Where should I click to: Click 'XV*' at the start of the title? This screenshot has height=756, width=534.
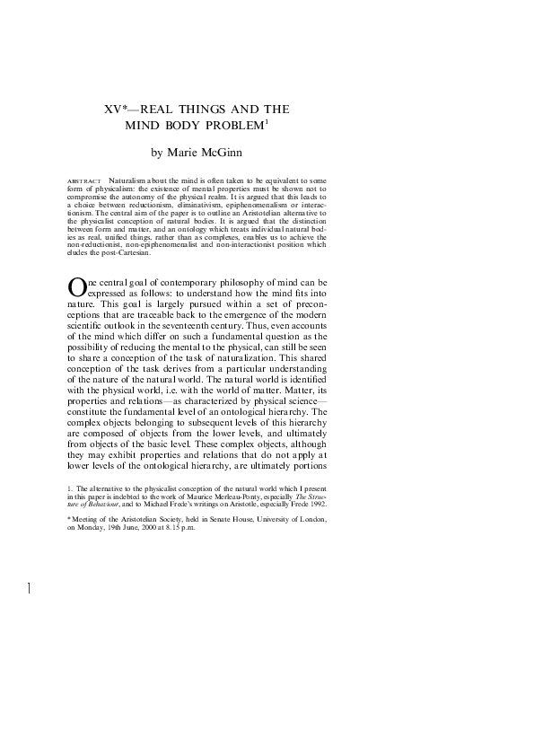coord(114,110)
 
